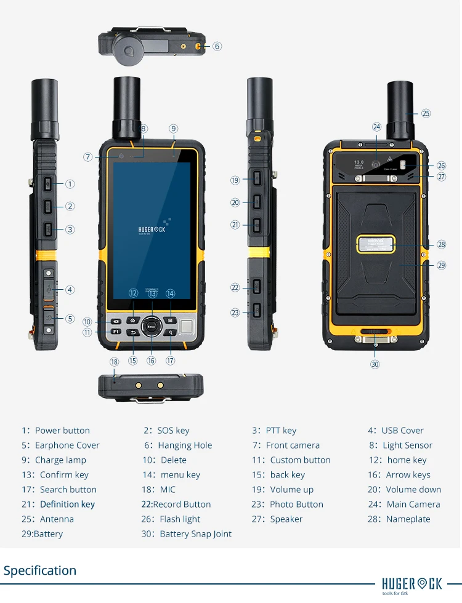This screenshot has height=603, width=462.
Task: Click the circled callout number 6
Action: tap(217, 46)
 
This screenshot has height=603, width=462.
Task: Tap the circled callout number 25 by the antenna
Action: tap(426, 113)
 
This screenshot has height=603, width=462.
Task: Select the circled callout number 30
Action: tap(375, 364)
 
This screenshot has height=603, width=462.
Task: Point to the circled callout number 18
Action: tap(114, 362)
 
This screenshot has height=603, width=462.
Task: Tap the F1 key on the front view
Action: tap(116, 332)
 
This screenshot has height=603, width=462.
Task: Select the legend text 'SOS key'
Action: tap(174, 431)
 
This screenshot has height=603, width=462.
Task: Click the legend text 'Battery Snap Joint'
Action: tap(195, 534)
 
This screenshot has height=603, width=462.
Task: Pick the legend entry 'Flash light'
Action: tap(180, 519)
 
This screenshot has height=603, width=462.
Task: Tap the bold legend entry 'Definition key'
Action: tap(67, 505)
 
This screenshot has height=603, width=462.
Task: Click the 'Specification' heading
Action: tap(40, 570)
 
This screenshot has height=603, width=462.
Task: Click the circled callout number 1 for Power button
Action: tap(70, 184)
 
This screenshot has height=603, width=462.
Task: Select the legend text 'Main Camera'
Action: tap(413, 505)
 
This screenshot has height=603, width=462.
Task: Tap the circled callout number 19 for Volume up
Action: tap(235, 180)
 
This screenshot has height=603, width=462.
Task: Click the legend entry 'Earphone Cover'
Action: tap(67, 445)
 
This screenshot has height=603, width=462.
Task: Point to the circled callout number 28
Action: tap(441, 244)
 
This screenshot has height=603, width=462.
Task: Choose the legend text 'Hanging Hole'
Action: tap(185, 445)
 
